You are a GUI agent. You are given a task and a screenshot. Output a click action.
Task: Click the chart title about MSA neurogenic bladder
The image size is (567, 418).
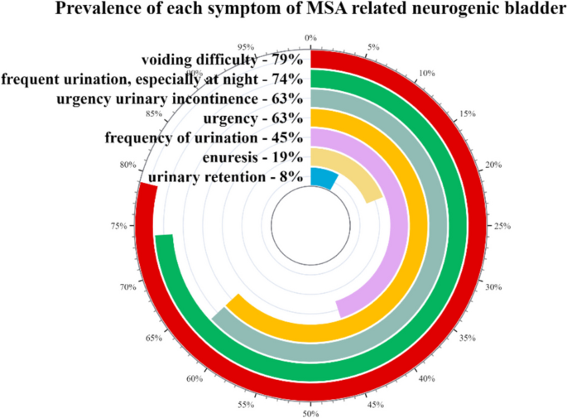click(311, 11)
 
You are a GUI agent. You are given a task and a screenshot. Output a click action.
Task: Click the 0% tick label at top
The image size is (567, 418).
click(310, 37)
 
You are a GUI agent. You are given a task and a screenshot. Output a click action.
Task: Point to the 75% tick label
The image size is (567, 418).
click(118, 226)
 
